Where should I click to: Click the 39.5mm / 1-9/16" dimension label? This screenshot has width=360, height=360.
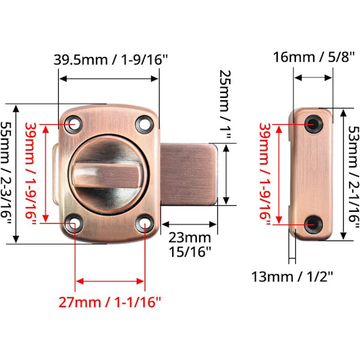pos(110,59)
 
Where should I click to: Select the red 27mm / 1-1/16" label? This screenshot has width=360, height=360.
pos(110,302)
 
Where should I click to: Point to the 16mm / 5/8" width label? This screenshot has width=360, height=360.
pos(314,57)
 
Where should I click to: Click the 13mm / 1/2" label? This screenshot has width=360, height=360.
pos(292,277)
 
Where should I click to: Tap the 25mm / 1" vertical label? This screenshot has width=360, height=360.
pos(225,104)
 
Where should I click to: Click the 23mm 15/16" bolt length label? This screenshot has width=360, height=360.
pos(190,245)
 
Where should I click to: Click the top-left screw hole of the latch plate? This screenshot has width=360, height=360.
pos(73,124)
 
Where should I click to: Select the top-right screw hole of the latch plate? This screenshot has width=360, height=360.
pos(145,125)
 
